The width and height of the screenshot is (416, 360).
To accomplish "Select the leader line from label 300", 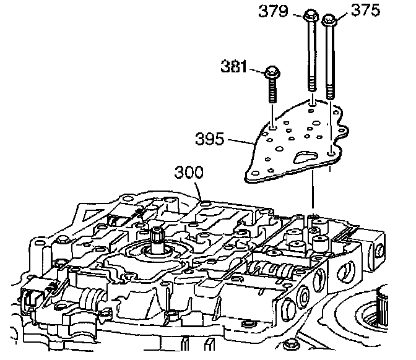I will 199,188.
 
